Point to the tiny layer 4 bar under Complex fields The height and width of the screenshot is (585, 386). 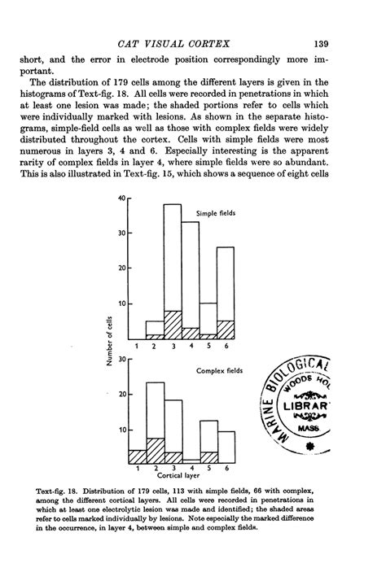pos(191,461)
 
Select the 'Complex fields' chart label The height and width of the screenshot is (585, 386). pos(220,370)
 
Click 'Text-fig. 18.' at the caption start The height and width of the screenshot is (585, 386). pos(61,492)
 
